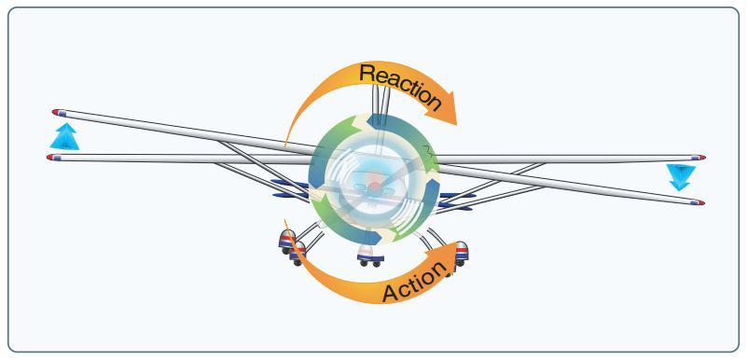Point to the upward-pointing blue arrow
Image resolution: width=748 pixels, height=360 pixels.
pyautogui.click(x=64, y=136)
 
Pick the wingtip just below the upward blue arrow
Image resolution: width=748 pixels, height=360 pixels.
pyautogui.click(x=53, y=158)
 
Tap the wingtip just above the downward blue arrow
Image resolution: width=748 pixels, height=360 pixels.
pyautogui.click(x=699, y=158)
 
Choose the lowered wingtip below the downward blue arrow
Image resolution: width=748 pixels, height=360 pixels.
pyautogui.click(x=698, y=202)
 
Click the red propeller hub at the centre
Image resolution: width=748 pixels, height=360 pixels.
pyautogui.click(x=375, y=185)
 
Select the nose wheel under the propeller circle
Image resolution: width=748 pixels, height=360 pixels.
pyautogui.click(x=370, y=256)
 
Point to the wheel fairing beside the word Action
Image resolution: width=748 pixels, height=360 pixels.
pyautogui.click(x=462, y=254)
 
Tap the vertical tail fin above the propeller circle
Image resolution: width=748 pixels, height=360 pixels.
pyautogui.click(x=381, y=104)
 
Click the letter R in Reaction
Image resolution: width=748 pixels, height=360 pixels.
pyautogui.click(x=368, y=73)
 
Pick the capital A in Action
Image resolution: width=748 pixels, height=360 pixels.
pyautogui.click(x=392, y=293)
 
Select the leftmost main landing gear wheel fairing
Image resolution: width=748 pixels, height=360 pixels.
pyautogui.click(x=287, y=242)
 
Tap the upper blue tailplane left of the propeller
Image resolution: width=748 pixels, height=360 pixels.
pyautogui.click(x=289, y=183)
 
